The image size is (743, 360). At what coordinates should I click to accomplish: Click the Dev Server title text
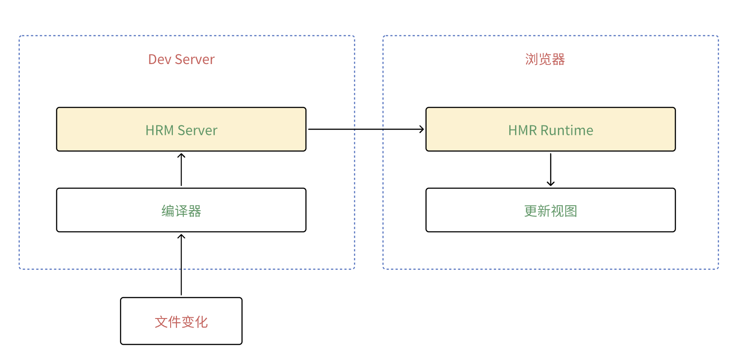click(x=181, y=60)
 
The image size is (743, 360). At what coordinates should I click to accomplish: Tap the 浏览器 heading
click(x=545, y=60)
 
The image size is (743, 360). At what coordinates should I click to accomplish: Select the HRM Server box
click(x=181, y=129)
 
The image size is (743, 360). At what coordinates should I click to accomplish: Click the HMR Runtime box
click(x=550, y=129)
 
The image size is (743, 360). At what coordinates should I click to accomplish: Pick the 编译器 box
click(x=181, y=210)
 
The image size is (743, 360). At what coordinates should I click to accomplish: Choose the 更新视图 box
click(x=550, y=210)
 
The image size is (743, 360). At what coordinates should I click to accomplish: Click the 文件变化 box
click(x=181, y=321)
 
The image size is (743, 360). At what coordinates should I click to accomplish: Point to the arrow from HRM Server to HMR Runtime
click(x=366, y=129)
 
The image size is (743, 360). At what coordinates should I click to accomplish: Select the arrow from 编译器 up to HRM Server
click(x=181, y=170)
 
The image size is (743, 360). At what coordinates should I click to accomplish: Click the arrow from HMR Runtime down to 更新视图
click(x=551, y=169)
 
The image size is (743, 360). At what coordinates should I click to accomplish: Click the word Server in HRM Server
click(x=197, y=130)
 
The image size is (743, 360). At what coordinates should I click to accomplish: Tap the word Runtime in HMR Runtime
click(x=567, y=130)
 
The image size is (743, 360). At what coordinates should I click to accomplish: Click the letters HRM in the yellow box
click(x=159, y=130)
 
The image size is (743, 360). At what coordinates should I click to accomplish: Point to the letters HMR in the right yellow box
click(x=522, y=130)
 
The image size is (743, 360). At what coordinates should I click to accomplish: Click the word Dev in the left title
click(x=159, y=60)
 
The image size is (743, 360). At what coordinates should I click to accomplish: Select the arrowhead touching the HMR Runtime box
click(x=422, y=129)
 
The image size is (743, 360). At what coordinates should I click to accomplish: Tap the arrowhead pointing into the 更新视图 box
click(x=551, y=183)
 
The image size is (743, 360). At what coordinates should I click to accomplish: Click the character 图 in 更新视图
click(x=571, y=211)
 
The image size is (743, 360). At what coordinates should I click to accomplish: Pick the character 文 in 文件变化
click(x=161, y=322)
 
